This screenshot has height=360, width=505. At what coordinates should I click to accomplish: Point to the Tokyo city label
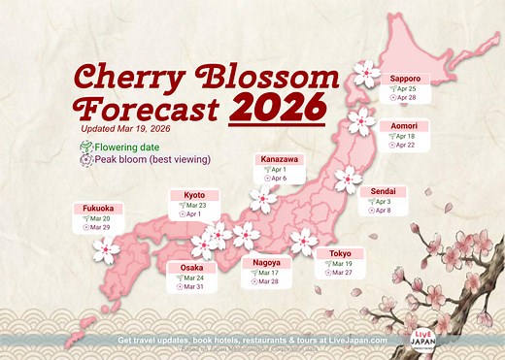click(x=340, y=254)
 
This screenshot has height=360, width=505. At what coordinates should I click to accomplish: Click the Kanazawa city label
click(x=280, y=158)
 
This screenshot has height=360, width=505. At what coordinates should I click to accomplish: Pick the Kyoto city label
click(x=194, y=195)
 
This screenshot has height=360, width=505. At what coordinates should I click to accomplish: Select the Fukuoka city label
click(x=93, y=208)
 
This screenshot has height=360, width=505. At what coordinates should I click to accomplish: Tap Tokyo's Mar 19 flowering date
click(x=342, y=265)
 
